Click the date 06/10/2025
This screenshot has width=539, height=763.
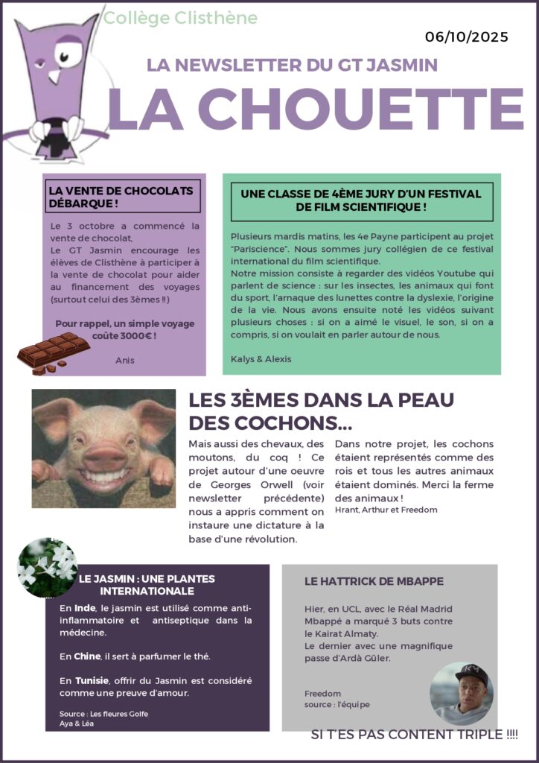coord(467,37)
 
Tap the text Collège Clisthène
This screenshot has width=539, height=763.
coord(181,18)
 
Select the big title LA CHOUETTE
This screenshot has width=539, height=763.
coord(316,109)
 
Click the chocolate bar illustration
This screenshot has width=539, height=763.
coord(54,352)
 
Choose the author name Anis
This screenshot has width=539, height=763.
coord(125,360)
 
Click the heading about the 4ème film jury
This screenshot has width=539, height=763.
coord(361,200)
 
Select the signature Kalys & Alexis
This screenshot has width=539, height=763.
coord(261,358)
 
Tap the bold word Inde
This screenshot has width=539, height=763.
coord(85,608)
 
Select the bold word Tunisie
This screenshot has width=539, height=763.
coord(92,680)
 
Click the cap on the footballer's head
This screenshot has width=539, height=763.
coord(471,676)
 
